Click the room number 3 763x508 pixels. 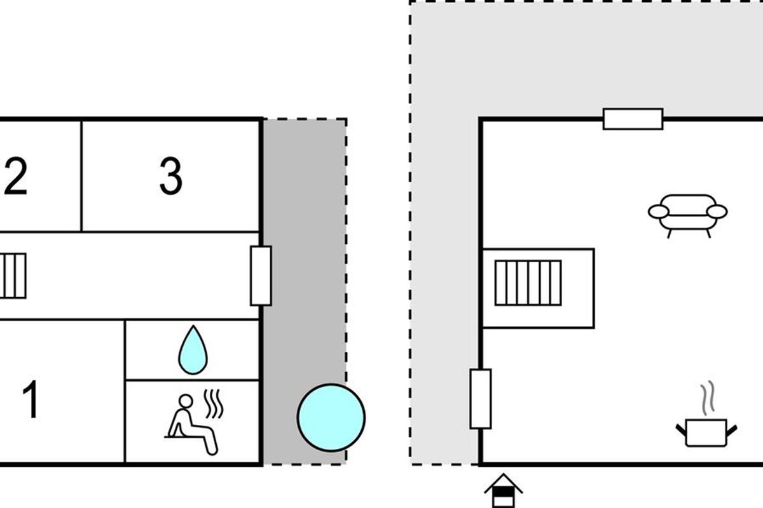(x=171, y=176)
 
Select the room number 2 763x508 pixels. (x=16, y=176)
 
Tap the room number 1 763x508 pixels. (x=31, y=399)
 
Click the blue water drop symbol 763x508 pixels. (x=193, y=350)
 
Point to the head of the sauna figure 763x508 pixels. (x=186, y=401)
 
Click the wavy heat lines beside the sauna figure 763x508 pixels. (x=214, y=404)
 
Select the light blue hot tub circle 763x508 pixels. (x=331, y=418)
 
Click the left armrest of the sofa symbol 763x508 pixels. (x=659, y=211)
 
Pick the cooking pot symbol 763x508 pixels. (x=706, y=433)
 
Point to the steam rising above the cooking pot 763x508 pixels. (x=707, y=398)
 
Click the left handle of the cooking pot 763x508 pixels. (x=681, y=429)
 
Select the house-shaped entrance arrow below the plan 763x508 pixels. (x=504, y=490)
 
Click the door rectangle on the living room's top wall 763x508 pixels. (x=633, y=119)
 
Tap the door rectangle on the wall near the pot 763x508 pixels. (x=481, y=399)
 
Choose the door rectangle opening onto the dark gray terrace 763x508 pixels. (x=261, y=276)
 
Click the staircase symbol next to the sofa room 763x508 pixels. (x=528, y=283)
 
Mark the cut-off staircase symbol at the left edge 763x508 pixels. (x=13, y=276)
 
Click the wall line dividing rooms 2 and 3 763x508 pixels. (x=81, y=176)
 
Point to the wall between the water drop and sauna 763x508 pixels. (x=193, y=380)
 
